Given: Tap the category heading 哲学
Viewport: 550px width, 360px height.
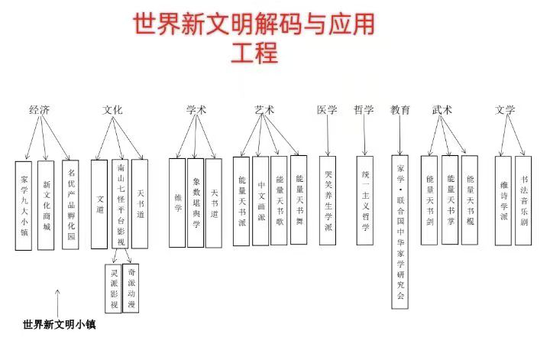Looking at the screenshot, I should point(364,110).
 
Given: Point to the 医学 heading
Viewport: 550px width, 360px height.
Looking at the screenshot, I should point(327,110).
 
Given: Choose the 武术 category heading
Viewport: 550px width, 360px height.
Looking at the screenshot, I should point(442,110).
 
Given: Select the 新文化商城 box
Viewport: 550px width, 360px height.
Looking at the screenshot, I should point(46,205).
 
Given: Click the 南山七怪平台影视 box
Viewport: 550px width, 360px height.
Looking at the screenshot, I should point(120,203).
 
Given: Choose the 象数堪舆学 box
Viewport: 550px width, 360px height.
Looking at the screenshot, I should point(195,203).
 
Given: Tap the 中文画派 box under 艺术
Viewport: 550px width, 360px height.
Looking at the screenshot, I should point(260,200).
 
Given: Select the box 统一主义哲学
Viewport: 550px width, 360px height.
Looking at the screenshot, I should point(365,200).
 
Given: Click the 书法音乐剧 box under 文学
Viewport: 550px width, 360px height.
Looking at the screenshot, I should point(523,200).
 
